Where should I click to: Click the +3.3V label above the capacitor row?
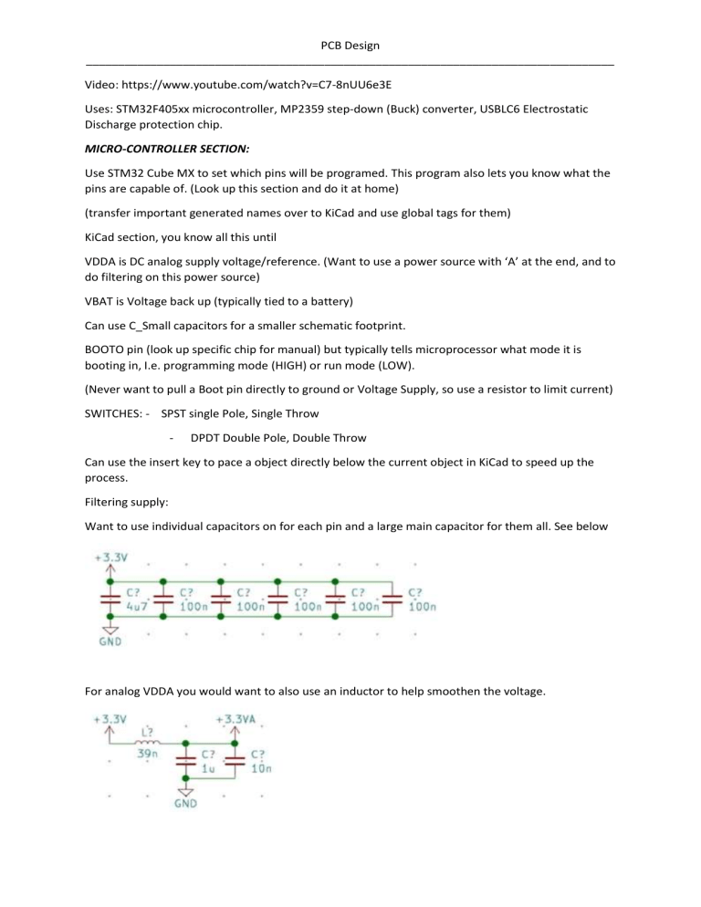(110, 558)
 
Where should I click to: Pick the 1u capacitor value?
(209, 769)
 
